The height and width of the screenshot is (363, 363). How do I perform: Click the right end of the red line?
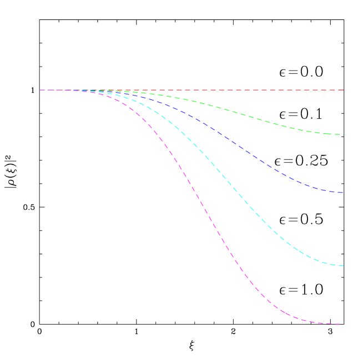tap(344, 90)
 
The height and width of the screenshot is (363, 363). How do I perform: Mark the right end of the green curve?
tap(344, 135)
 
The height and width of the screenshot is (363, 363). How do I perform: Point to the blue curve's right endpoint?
tap(344, 193)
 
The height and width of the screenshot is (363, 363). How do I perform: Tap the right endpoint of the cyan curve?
tap(344, 266)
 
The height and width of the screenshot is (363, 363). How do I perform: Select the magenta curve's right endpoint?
tap(344, 324)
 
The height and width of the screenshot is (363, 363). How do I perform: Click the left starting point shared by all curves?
tap(40, 90)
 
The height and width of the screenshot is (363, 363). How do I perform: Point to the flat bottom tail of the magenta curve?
tap(322, 322)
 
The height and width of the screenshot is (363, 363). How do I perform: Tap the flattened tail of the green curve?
tap(327, 134)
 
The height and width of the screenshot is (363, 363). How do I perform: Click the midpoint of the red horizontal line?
tap(192, 90)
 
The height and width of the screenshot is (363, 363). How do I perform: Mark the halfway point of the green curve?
tap(192, 101)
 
